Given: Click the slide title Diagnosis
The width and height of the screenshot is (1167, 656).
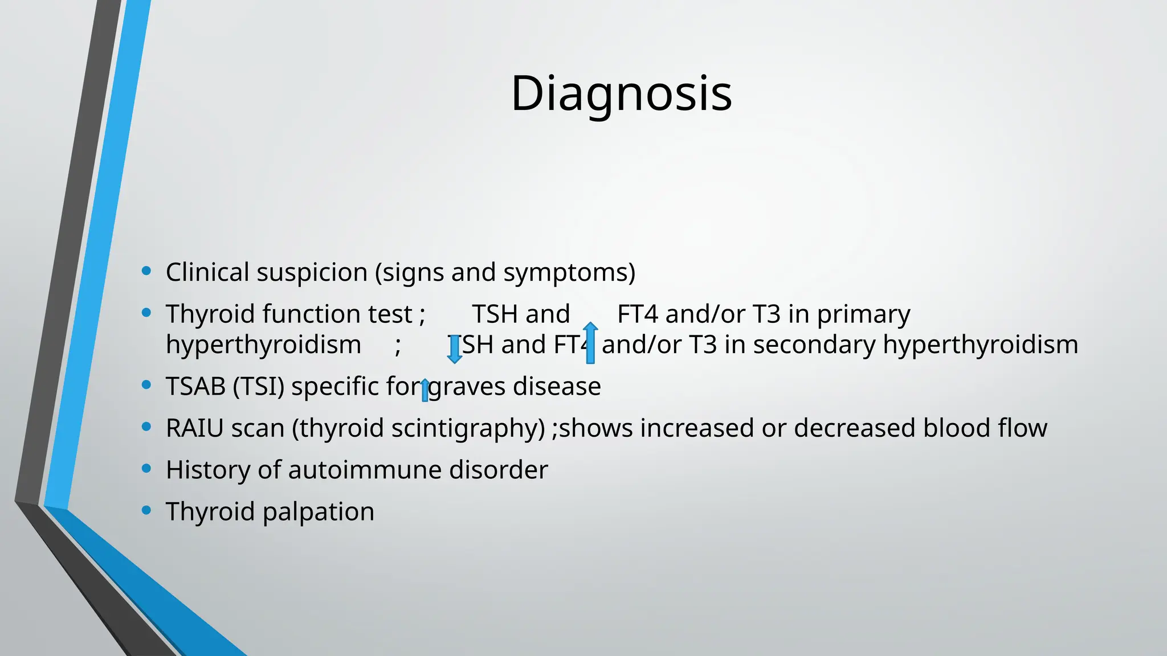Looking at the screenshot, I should click(x=621, y=93).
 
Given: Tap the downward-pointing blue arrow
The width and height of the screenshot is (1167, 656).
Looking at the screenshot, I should click(x=454, y=348).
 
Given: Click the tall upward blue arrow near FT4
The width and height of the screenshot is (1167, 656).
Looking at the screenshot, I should click(x=590, y=343).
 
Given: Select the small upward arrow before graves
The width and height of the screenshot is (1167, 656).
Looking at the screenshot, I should click(x=425, y=391).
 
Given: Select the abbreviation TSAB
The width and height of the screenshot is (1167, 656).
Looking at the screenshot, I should click(x=195, y=387).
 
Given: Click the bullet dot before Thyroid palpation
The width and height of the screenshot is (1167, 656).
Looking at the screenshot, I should click(x=146, y=510).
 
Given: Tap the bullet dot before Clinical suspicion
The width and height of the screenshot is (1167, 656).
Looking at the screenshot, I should click(x=146, y=271).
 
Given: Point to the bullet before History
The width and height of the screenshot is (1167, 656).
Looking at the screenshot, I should click(x=146, y=469).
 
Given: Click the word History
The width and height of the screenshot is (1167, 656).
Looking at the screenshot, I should click(x=208, y=470).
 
